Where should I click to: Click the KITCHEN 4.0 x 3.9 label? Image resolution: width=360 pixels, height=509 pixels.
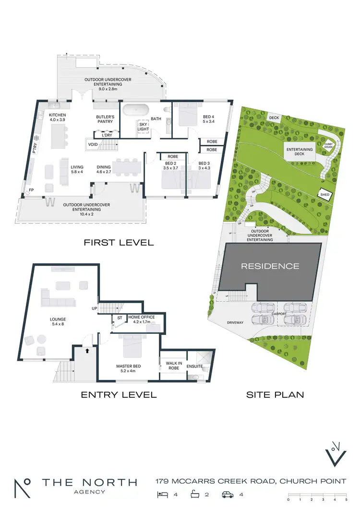(x=57, y=118)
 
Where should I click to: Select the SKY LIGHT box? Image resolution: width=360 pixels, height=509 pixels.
(x=143, y=126)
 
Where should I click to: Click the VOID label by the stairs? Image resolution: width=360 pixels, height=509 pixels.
(x=93, y=143)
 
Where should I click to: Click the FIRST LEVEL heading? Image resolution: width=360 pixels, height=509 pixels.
(x=119, y=243)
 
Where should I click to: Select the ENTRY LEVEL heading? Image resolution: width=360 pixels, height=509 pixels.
(x=119, y=395)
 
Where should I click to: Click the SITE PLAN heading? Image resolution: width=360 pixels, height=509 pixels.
(x=275, y=395)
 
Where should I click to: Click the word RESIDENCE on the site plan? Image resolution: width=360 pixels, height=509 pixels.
(x=270, y=266)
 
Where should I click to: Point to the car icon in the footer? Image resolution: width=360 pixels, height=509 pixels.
(x=227, y=494)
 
